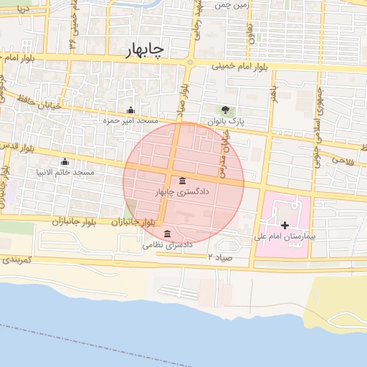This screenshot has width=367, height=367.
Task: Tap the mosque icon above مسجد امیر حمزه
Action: pos(130,110)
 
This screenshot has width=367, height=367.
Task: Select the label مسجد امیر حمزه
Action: pos(130,121)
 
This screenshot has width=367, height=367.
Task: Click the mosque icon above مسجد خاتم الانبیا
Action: pos(65,162)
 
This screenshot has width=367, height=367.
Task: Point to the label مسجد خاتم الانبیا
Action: pos(65,173)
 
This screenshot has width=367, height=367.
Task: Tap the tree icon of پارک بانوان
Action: pos(226,110)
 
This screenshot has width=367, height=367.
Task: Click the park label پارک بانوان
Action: pos(226,122)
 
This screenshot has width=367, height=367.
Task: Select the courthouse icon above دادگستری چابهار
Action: pos(183,180)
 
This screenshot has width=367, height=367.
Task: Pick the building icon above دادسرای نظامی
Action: pos(167,234)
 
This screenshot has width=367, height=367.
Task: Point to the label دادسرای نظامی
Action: pos(169,245)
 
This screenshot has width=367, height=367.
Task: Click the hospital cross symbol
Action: pos(285,225)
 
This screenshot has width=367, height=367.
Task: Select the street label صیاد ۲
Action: pos(220,256)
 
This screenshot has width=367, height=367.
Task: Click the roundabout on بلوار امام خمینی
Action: pos(190,63)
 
